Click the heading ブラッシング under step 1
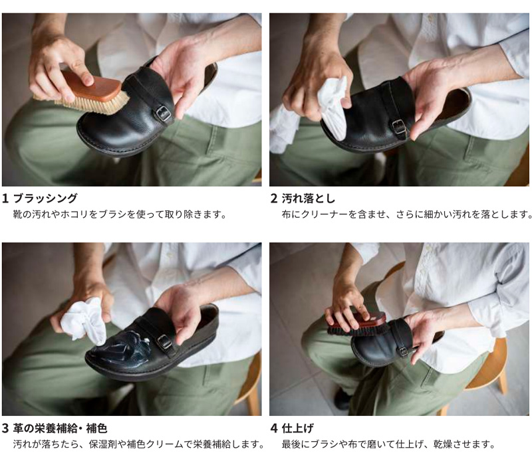coord(45,198)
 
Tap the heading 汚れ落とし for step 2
coord(309,198)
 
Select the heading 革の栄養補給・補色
coord(60,428)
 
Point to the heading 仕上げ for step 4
coord(297,428)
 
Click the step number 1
coord(5,198)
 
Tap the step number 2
coord(274,198)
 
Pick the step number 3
coord(5,428)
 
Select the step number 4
coord(274,428)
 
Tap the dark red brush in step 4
coord(356,324)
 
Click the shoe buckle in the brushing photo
coord(164,114)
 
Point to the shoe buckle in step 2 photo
coord(400,127)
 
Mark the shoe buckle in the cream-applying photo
coord(165,343)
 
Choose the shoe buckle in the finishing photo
coord(404,351)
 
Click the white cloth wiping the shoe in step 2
coord(332,108)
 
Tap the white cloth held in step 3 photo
coord(84,321)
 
